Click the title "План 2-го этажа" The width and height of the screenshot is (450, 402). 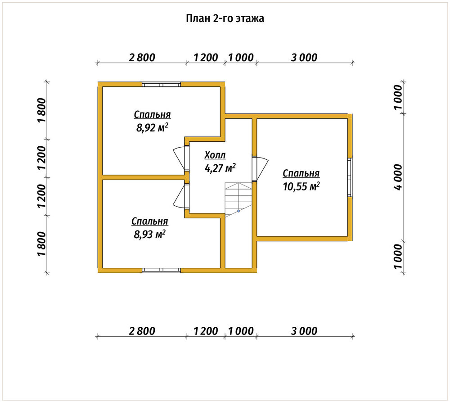[225, 18]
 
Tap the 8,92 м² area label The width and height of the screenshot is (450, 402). [152, 127]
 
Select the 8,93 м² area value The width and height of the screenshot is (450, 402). [150, 234]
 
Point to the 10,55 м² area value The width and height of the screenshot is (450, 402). [301, 187]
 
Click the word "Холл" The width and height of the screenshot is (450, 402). [215, 155]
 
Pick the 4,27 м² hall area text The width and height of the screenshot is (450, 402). [220, 168]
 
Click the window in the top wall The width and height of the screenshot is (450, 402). [161, 85]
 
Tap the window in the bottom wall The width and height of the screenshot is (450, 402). [161, 270]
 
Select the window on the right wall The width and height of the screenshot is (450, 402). [350, 177]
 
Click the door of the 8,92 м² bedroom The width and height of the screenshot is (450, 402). [179, 159]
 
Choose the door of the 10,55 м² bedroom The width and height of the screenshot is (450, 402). [261, 168]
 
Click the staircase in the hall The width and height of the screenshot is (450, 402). [238, 200]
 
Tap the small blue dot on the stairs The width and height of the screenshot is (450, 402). [238, 211]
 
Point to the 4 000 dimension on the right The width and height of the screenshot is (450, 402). [398, 177]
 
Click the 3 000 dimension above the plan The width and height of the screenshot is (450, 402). [304, 58]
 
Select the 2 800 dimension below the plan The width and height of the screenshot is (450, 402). [142, 331]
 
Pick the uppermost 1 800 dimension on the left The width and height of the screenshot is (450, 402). [41, 111]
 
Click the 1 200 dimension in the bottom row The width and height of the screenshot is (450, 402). [206, 331]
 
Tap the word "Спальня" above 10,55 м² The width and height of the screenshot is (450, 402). [301, 173]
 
